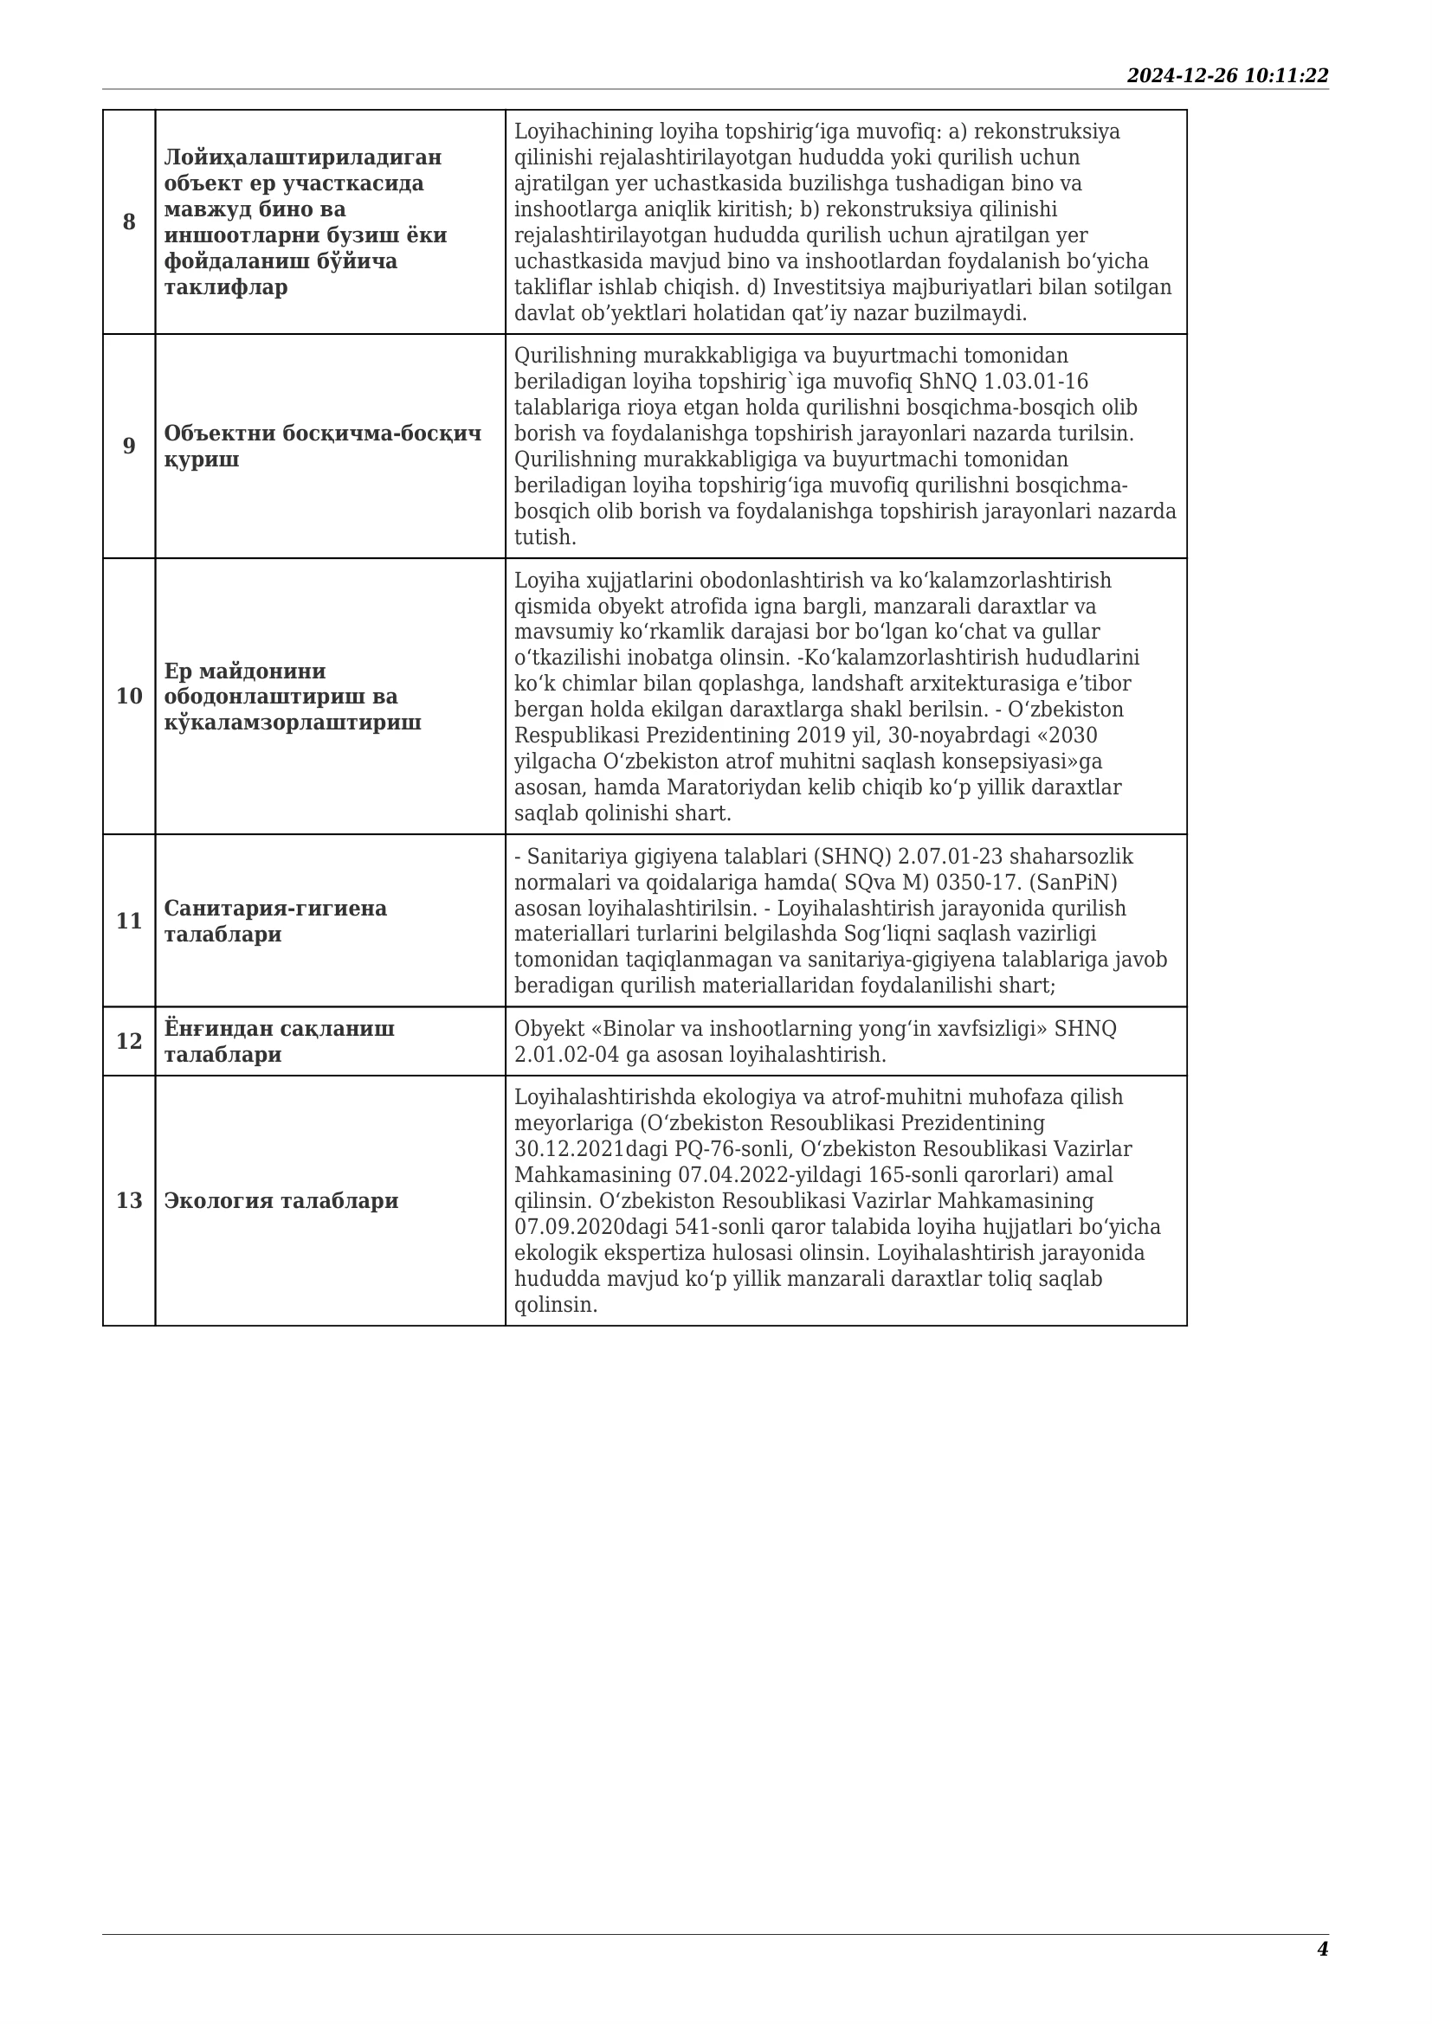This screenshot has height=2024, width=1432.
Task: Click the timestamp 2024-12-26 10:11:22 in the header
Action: [x=1227, y=76]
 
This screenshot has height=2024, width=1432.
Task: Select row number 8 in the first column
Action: [x=129, y=222]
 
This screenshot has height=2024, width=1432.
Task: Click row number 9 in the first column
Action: [x=129, y=446]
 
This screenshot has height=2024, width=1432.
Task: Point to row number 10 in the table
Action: [x=129, y=697]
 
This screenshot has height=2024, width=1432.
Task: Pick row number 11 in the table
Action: [x=129, y=922]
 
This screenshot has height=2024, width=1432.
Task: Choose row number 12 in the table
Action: [x=129, y=1041]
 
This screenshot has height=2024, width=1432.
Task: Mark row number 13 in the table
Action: [x=129, y=1201]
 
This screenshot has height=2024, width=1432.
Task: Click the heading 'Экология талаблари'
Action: [x=281, y=1201]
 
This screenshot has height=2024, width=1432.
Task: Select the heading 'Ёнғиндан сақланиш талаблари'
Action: [x=280, y=1041]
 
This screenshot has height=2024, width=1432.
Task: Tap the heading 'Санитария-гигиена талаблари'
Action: [x=275, y=922]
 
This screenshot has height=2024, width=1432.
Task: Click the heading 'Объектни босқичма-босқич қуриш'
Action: [x=323, y=446]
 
